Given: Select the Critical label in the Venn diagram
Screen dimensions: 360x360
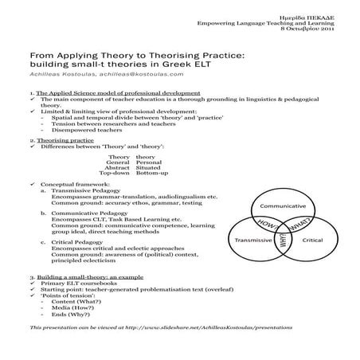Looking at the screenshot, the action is [312, 239].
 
